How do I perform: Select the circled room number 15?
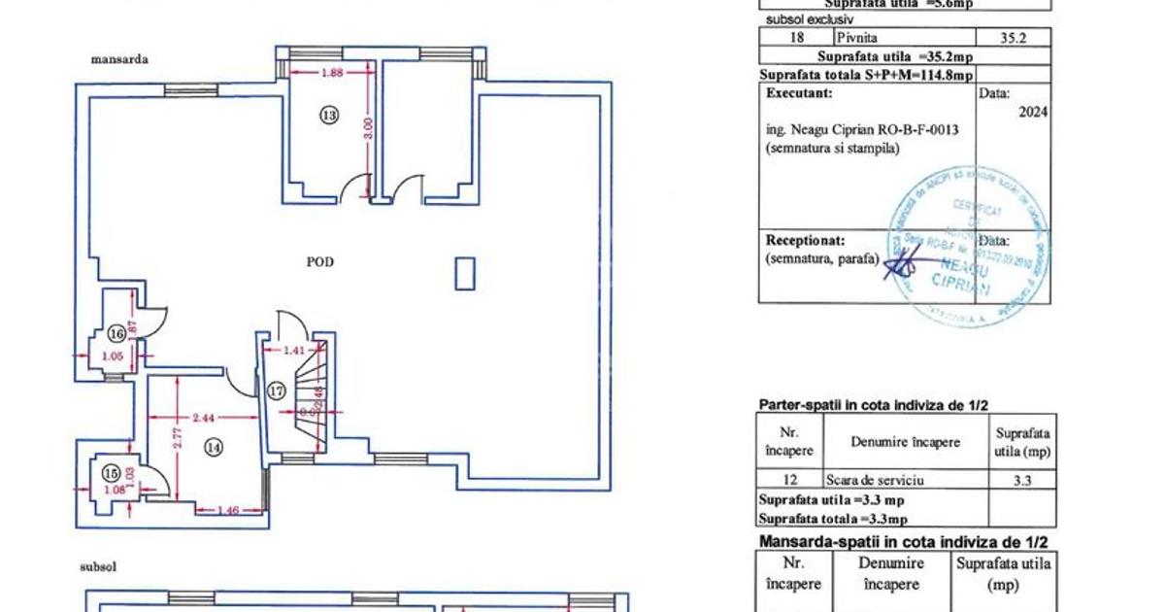[113, 473]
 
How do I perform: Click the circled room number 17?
[277, 391]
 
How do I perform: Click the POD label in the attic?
[320, 261]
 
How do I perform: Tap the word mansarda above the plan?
[119, 59]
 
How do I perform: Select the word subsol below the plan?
[98, 564]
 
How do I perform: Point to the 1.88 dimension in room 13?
[333, 71]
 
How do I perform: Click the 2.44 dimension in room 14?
[203, 418]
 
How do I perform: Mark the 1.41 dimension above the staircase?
[294, 350]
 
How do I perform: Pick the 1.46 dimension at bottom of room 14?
[229, 510]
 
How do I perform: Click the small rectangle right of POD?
[465, 273]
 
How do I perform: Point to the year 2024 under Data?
[1031, 112]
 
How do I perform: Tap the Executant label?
[799, 94]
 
